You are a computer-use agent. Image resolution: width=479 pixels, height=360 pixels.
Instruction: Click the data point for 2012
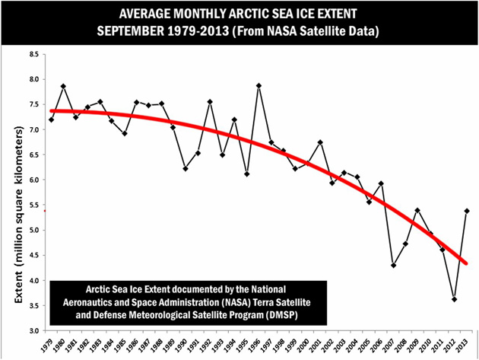point(453,299)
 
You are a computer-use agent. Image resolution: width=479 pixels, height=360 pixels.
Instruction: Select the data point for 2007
point(393,265)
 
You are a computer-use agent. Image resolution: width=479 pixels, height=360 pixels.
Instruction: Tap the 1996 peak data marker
point(259,85)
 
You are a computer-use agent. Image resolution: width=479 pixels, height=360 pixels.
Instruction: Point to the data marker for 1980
point(63,86)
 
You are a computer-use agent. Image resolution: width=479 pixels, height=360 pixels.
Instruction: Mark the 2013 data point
point(466,211)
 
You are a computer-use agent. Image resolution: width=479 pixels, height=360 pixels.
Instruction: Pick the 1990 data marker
point(185,168)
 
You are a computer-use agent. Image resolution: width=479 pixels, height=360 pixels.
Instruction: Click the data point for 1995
point(246,174)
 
